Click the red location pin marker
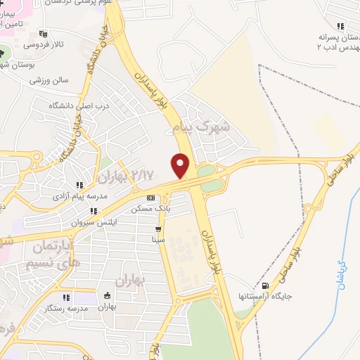point(181,166)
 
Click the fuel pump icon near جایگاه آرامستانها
point(265,285)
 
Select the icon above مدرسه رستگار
point(66,297)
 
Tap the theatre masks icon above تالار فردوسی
point(42,33)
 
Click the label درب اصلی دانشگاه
point(79,105)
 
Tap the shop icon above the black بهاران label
point(108,296)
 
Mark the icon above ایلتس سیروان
point(92,210)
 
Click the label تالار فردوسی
point(42,44)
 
